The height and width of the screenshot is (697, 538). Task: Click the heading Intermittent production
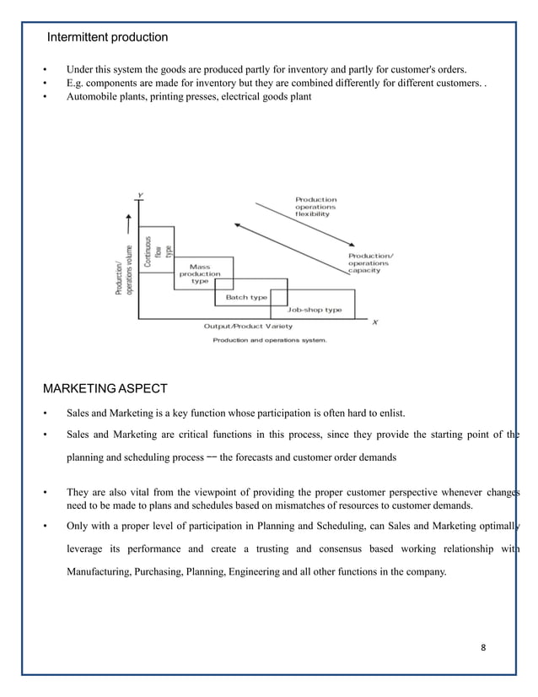pyautogui.click(x=107, y=37)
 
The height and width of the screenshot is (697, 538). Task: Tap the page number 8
pyautogui.click(x=483, y=647)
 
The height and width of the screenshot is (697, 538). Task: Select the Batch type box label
pyautogui.click(x=246, y=297)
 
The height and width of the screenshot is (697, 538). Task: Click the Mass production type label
pyautogui.click(x=200, y=274)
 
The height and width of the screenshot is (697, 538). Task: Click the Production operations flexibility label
pyautogui.click(x=315, y=208)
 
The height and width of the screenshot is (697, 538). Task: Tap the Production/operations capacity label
pyautogui.click(x=370, y=262)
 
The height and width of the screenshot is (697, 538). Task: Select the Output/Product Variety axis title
pyautogui.click(x=248, y=326)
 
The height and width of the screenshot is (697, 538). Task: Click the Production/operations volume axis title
pyautogui.click(x=124, y=269)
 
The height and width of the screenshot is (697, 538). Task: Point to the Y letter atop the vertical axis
pyautogui.click(x=140, y=196)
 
